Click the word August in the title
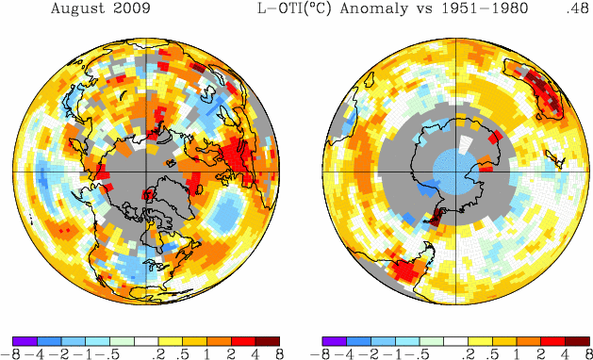tap(75, 8)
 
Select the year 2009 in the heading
tap(134, 8)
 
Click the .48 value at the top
tap(578, 8)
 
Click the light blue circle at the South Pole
tap(455, 172)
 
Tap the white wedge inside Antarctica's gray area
tap(465, 144)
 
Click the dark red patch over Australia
tap(537, 88)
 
